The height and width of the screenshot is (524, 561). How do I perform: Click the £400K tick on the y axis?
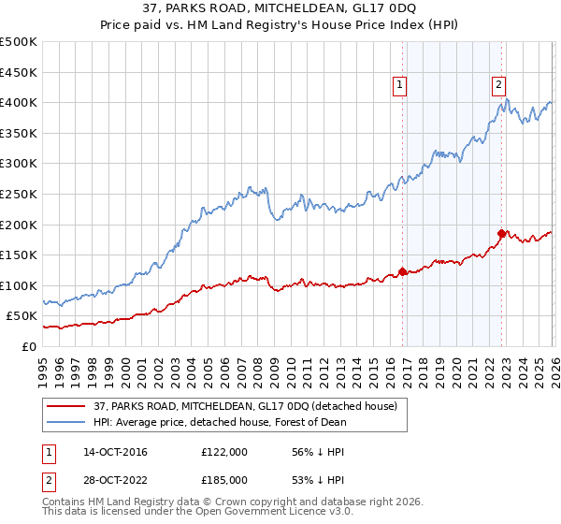click(x=19, y=102)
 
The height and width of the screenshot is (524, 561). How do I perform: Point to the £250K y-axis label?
click(x=19, y=194)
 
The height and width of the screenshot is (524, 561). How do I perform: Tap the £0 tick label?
click(x=28, y=346)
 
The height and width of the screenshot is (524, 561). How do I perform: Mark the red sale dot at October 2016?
click(x=402, y=272)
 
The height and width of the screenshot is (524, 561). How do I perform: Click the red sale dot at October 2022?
click(x=502, y=233)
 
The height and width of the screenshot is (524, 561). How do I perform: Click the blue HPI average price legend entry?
click(x=219, y=422)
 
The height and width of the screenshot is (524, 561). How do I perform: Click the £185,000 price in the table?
click(x=224, y=478)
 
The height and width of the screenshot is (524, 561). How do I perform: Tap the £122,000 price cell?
click(x=224, y=452)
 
